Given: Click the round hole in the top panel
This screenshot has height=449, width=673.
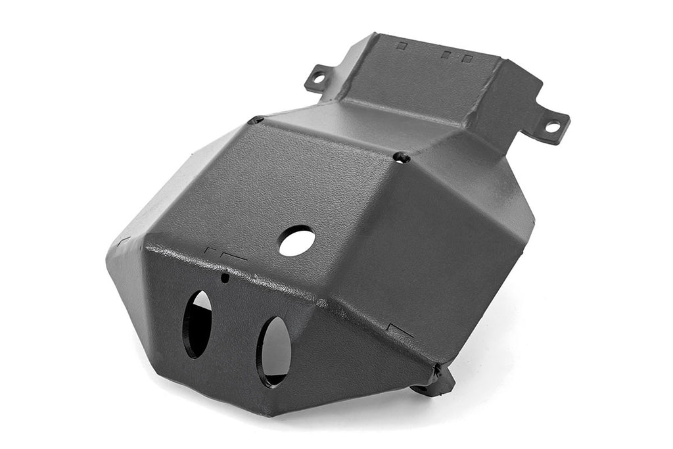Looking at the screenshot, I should pos(296,241).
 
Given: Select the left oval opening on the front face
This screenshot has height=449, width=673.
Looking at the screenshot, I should pos(198,324).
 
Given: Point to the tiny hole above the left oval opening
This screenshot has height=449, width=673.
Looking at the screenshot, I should pos(225,277).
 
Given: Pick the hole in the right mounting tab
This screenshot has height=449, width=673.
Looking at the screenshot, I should pos(552,126).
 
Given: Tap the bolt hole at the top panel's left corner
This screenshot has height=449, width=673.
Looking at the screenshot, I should pos(257,120).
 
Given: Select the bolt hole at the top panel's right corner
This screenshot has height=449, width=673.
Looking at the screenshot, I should pos(402,157).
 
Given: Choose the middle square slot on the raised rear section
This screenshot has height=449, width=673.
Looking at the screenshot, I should pos(445,55).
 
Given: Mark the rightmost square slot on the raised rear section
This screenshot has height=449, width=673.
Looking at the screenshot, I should pos(467,59).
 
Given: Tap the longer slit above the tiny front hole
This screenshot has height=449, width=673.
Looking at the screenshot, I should pos(234,257).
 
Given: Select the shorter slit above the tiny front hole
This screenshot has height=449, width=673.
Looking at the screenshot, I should pos(210,250).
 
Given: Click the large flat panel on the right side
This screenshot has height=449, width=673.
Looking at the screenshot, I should pos(447,250).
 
